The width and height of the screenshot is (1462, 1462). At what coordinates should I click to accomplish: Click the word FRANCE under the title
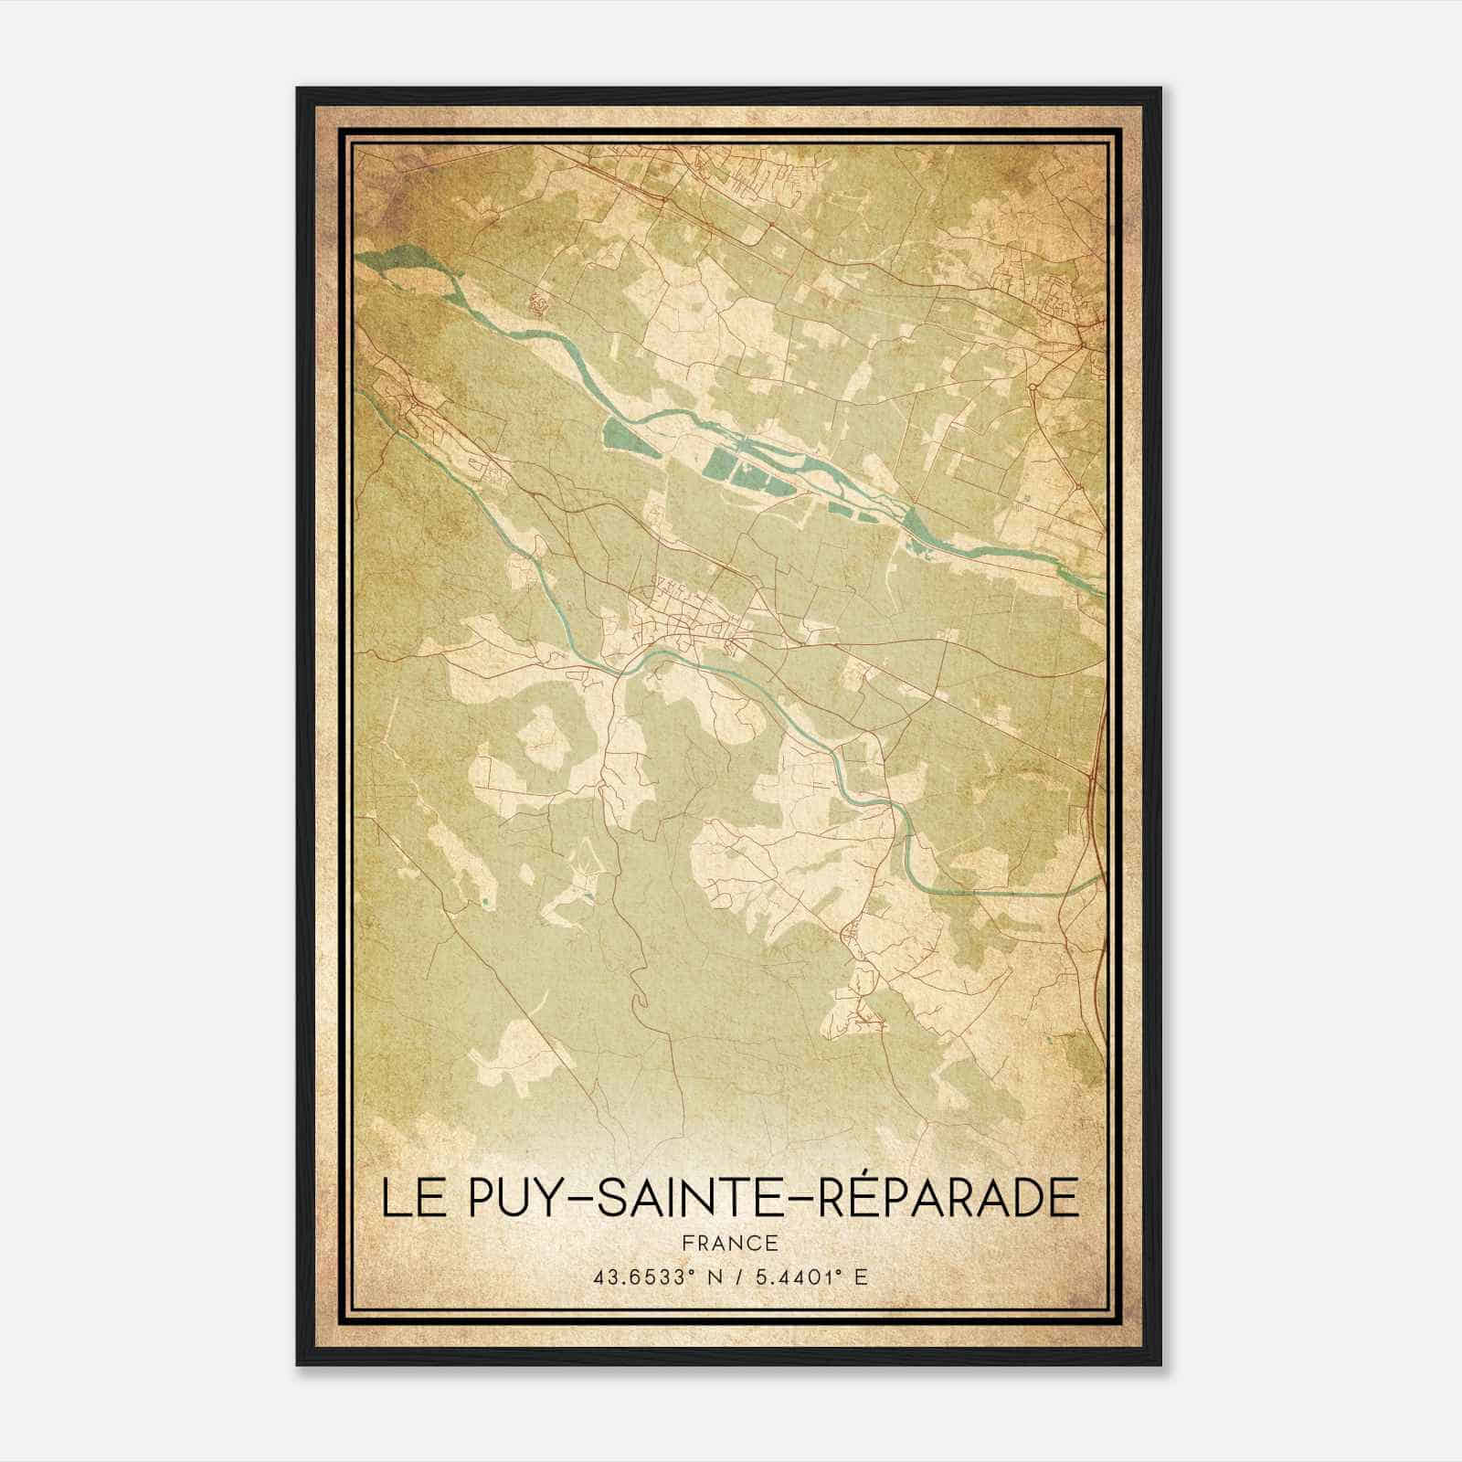731,1243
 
